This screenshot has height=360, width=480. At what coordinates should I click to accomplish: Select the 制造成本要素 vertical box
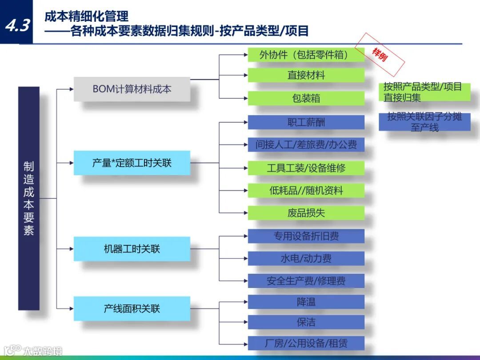[29, 198]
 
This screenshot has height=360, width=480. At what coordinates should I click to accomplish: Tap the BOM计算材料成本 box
[132, 89]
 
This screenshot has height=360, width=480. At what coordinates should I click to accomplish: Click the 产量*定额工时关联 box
[132, 163]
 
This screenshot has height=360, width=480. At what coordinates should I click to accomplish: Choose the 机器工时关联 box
[132, 249]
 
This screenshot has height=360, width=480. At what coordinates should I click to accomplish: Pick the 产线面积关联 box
[132, 308]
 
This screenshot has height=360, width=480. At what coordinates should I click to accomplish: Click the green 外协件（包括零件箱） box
[306, 55]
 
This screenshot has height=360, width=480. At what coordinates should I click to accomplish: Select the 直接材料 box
[306, 75]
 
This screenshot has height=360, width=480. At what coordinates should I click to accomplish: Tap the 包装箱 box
[306, 98]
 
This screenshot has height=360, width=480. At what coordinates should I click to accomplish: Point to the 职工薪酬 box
[306, 122]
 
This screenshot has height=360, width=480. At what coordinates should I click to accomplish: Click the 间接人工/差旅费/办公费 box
[306, 144]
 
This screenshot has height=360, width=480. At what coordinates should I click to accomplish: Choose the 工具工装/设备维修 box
[306, 168]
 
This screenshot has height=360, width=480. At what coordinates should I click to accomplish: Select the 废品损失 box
[306, 213]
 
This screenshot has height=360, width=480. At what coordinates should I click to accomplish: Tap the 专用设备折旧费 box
[306, 236]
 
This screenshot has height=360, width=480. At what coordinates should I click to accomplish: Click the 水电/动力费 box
[306, 258]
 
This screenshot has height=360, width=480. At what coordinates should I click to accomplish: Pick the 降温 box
[306, 302]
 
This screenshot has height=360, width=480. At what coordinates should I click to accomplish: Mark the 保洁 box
[306, 322]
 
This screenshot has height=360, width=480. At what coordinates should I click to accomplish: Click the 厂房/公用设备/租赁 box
[306, 343]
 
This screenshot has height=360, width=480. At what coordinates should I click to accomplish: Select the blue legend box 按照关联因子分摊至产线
[424, 122]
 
